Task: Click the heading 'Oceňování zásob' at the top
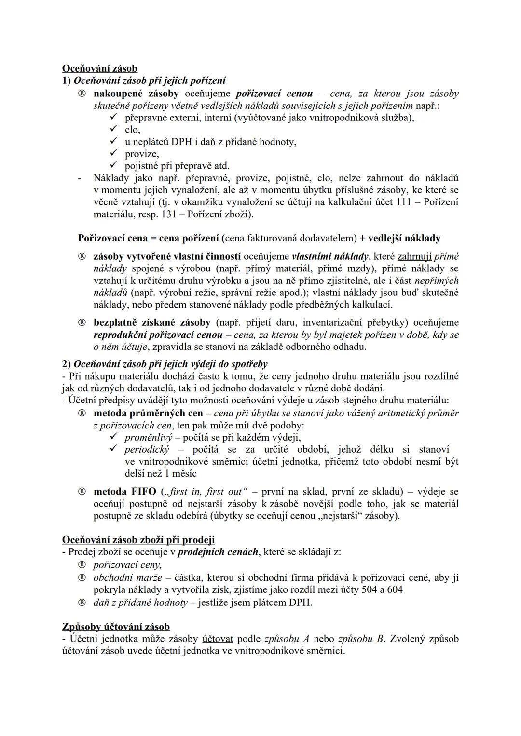click(x=100, y=69)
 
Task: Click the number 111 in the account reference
click(x=404, y=202)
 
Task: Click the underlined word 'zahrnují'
click(x=414, y=256)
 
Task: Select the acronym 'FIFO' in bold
click(x=144, y=491)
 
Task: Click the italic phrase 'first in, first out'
click(x=205, y=491)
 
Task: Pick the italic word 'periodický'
click(x=147, y=449)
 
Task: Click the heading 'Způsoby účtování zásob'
click(x=116, y=627)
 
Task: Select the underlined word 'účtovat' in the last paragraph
click(x=218, y=639)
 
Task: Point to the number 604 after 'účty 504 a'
click(x=394, y=589)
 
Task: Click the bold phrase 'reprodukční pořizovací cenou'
click(x=158, y=335)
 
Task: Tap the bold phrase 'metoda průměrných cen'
click(x=148, y=413)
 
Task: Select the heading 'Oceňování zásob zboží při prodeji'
click(x=138, y=540)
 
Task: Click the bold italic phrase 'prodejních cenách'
click(x=218, y=552)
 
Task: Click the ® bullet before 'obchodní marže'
click(x=82, y=577)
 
